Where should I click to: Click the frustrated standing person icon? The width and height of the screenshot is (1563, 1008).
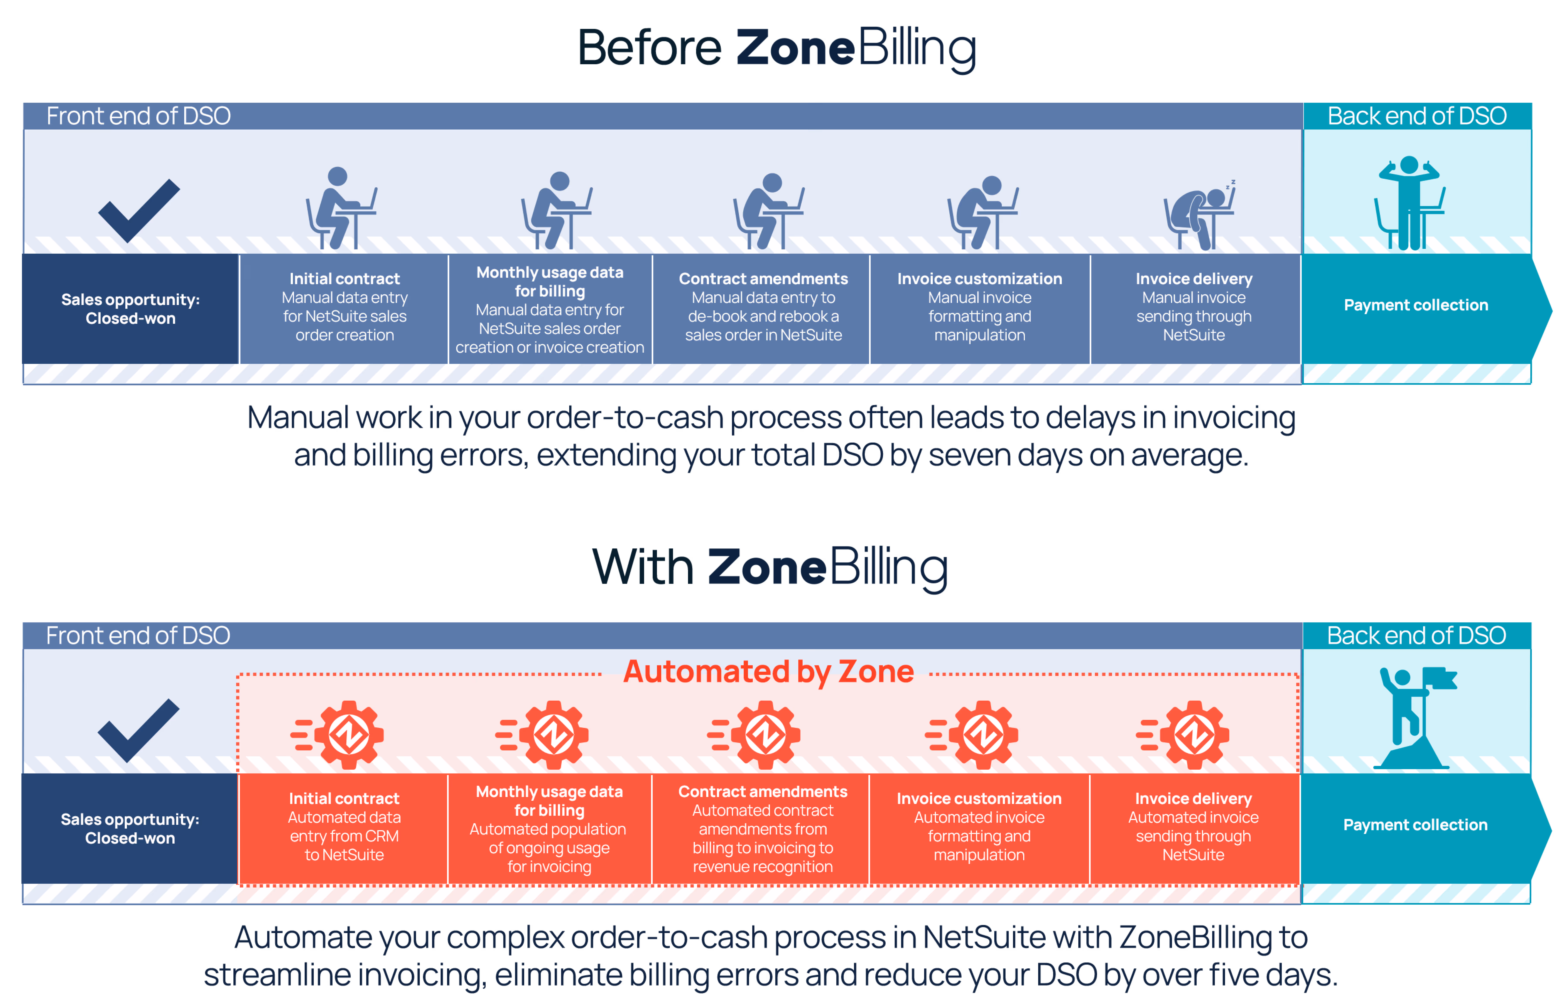coord(1411,203)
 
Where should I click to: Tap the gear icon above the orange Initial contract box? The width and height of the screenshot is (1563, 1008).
coord(347,734)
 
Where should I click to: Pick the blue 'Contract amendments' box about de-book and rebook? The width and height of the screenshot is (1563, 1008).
coord(763,308)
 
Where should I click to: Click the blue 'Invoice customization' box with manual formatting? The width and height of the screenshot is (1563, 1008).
coord(979,308)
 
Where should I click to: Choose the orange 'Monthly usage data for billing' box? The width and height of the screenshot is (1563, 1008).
coord(549,829)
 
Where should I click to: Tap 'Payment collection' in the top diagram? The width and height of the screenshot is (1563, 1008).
coord(1416,305)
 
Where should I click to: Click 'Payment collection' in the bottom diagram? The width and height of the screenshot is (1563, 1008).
coord(1415,825)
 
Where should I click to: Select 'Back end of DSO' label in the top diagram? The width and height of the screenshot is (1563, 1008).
coord(1416,116)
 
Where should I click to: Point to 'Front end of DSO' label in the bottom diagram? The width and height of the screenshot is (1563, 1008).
coord(138,635)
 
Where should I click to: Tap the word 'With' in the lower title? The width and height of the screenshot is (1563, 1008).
coord(643,567)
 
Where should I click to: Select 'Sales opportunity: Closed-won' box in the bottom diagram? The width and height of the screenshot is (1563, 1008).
coord(130,829)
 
